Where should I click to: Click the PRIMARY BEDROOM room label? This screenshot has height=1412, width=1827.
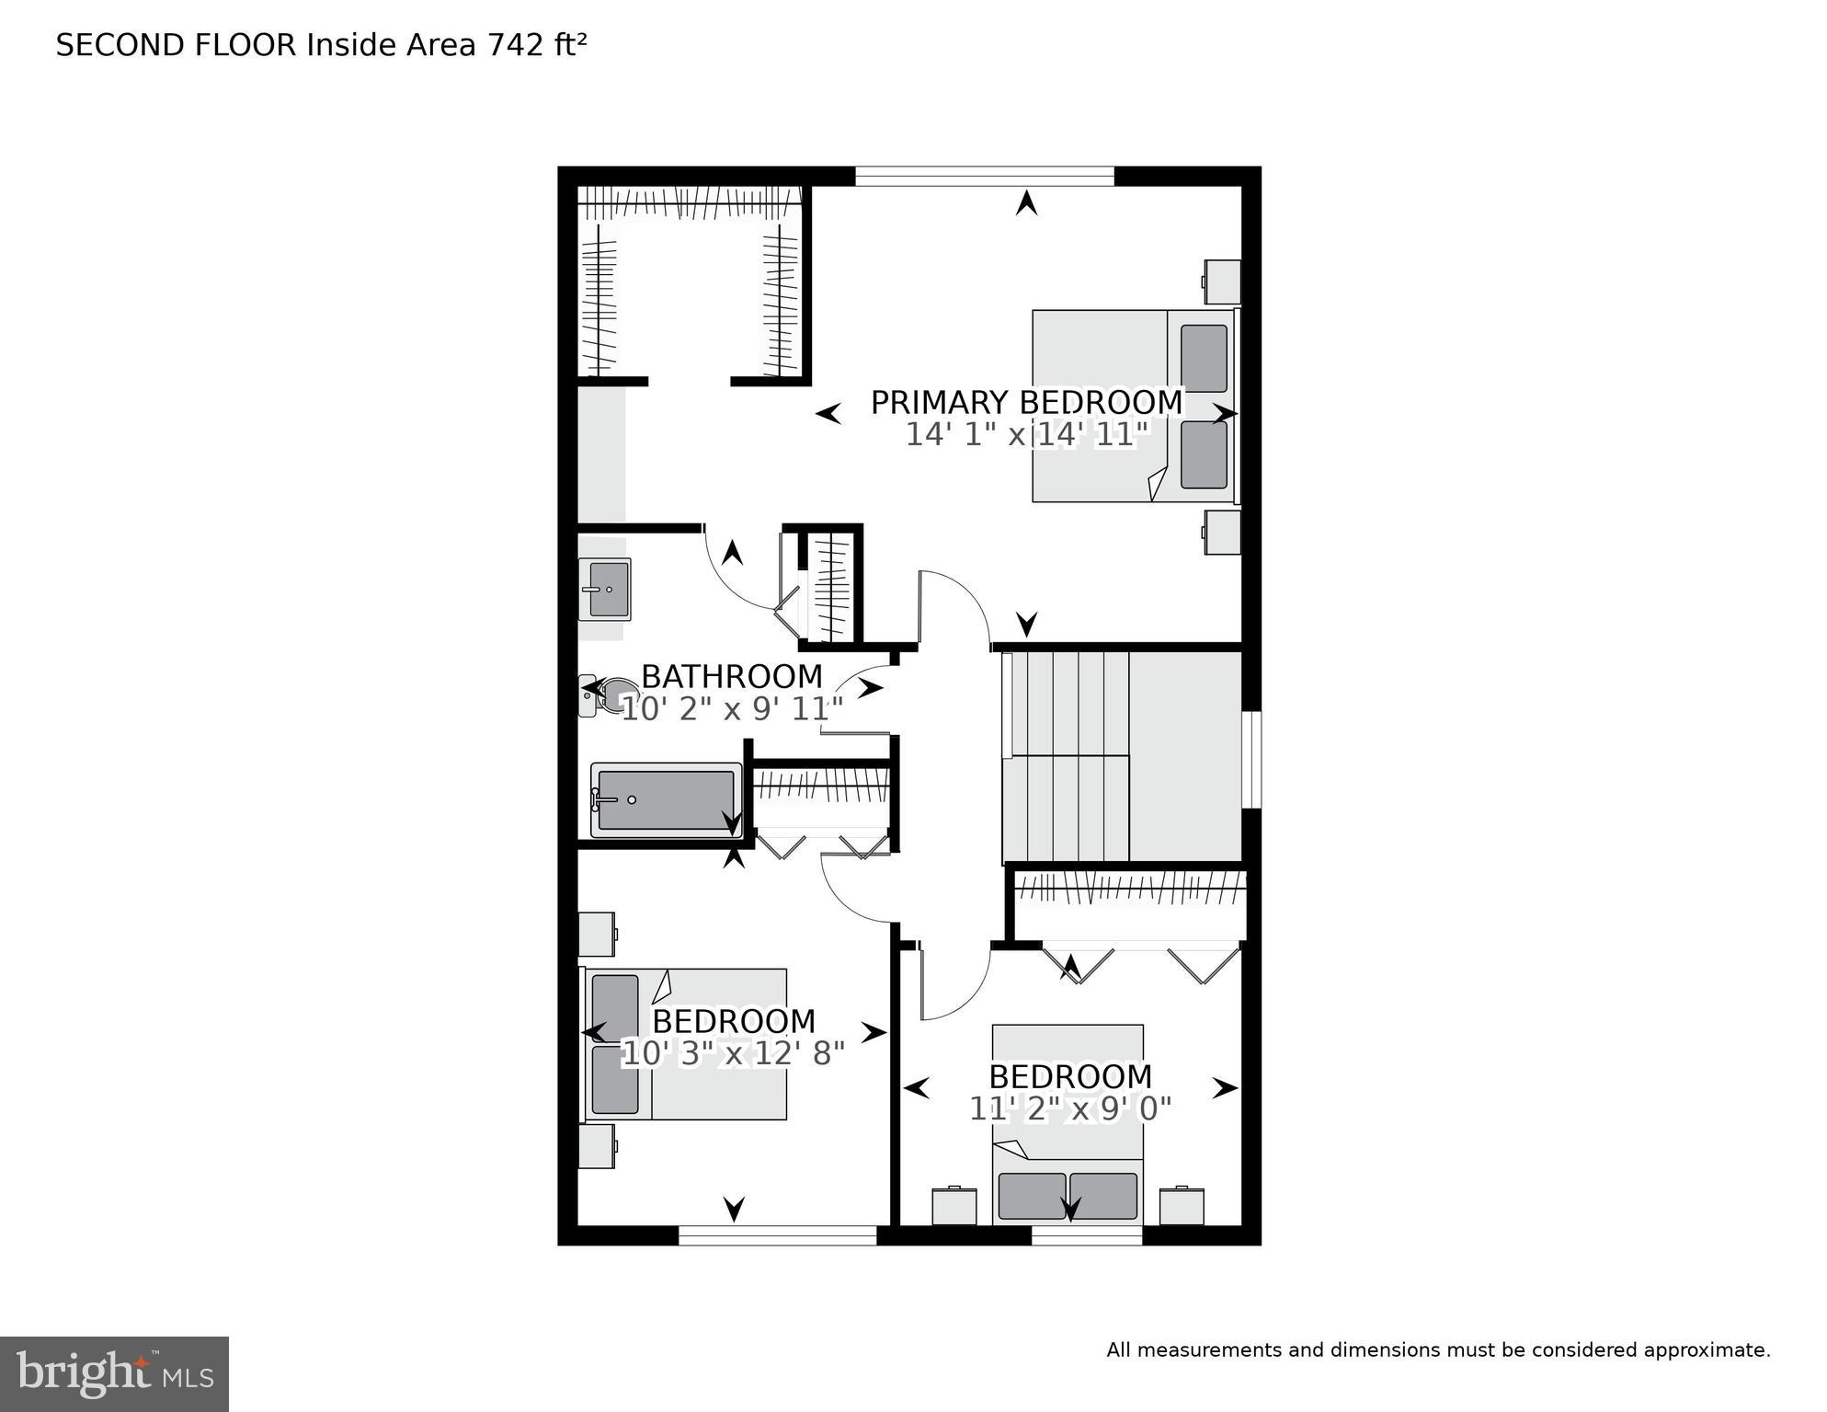1026,403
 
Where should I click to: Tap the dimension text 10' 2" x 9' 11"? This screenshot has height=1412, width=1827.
732,709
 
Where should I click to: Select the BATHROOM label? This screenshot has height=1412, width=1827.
731,676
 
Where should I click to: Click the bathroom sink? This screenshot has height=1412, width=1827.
605,589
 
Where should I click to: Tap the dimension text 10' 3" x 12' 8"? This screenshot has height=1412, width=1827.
733,1053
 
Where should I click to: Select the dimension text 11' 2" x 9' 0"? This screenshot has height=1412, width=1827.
1070,1109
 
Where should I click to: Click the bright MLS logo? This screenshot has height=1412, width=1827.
114,1373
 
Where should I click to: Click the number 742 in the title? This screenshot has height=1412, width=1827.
517,45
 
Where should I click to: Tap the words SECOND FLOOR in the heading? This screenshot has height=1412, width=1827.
176,45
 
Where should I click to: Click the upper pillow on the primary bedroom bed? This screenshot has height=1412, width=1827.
1204,359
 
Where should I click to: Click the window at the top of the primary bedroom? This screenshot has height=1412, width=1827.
984,176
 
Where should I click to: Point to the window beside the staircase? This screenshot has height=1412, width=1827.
1251,759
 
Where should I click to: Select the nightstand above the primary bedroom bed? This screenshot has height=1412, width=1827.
1223,281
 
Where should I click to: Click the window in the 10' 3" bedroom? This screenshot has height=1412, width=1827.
777,1235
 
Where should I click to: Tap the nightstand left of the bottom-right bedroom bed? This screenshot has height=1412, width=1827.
954,1206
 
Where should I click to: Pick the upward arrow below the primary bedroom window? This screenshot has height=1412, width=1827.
1026,203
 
